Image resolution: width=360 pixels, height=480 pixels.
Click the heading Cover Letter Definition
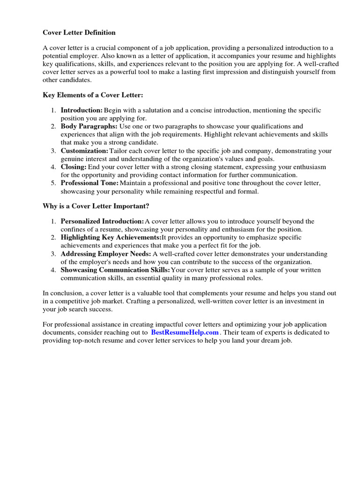point(79,32)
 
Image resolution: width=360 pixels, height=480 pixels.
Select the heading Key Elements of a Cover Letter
point(93,95)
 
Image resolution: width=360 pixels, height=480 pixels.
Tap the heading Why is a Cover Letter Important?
point(96,206)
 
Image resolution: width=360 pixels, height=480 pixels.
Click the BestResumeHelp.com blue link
point(185,332)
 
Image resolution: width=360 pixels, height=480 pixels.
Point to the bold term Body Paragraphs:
point(89,126)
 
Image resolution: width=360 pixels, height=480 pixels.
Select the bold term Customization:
point(84,151)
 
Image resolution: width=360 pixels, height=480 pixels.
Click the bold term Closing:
point(74,167)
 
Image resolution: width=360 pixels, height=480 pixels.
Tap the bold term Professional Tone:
point(90,183)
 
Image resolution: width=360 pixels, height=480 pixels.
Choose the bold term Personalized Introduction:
point(102,221)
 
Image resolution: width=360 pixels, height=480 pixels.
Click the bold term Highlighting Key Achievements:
point(111,237)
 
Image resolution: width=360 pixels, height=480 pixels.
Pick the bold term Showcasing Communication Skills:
point(115,270)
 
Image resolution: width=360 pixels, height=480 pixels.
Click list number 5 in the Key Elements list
point(53,183)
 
